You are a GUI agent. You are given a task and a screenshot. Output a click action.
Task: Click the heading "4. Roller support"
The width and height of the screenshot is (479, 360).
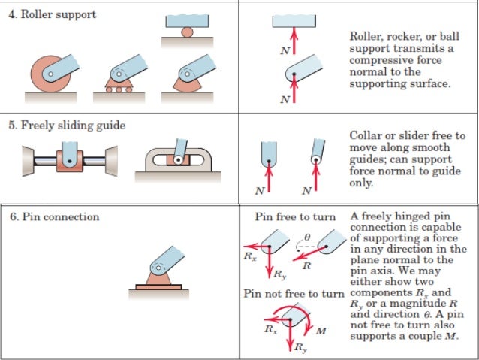click(52, 14)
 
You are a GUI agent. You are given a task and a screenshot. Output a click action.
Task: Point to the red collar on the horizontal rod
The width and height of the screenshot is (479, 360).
click(68, 160)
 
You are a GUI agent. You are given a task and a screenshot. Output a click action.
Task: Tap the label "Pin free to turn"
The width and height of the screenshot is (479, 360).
click(295, 216)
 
